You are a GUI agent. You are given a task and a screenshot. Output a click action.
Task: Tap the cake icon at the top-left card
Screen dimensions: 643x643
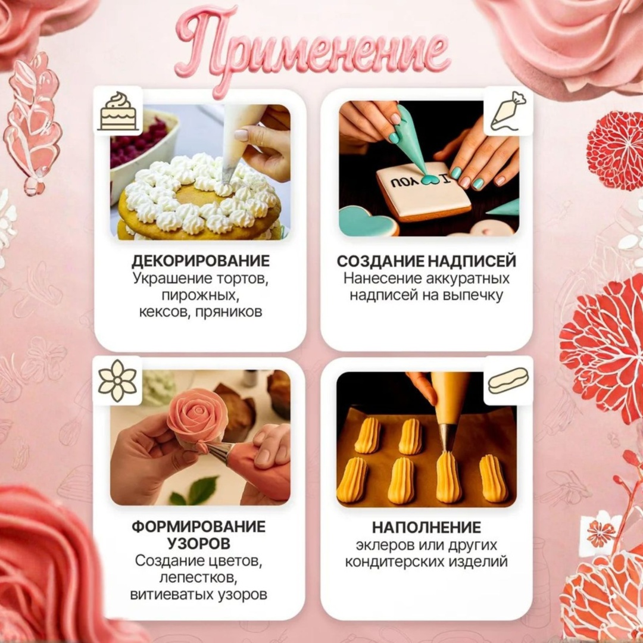118,111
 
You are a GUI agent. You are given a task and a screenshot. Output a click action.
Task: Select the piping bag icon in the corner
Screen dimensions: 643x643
508,111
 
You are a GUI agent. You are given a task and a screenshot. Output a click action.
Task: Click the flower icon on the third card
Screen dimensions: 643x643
117,380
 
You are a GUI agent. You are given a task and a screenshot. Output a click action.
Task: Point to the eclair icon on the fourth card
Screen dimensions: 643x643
508,380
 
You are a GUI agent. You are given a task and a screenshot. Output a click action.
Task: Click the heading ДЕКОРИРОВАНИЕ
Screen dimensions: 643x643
201,261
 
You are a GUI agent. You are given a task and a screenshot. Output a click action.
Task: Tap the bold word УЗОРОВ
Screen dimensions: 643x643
199,544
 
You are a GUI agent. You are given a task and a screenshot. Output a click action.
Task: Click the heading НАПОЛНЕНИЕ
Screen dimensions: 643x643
426,527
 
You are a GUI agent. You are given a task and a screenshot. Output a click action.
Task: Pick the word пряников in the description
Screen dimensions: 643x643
229,312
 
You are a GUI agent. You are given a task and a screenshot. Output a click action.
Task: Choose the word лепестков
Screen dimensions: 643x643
199,578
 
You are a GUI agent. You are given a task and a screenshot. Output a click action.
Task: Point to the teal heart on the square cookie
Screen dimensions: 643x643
430,179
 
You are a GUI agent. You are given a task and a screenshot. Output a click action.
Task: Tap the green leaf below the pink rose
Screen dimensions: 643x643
202,489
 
